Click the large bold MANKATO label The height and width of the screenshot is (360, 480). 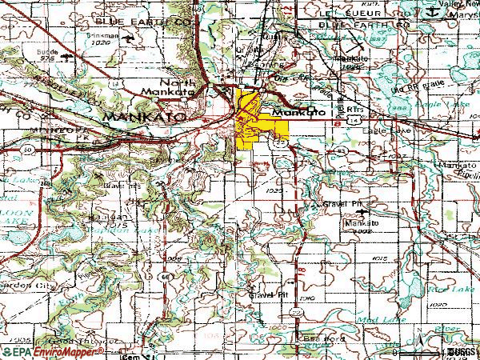point(144,116)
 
